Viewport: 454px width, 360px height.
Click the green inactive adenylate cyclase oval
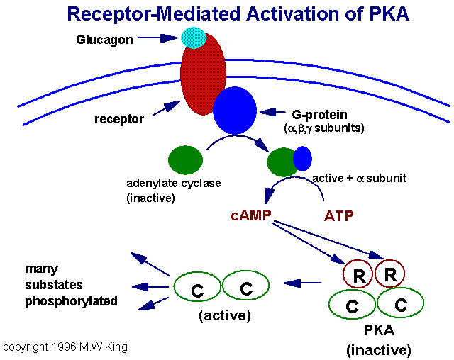tap(185, 158)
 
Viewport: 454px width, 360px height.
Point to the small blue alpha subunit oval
tap(303, 158)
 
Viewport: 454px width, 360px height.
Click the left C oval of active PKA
tap(196, 288)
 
